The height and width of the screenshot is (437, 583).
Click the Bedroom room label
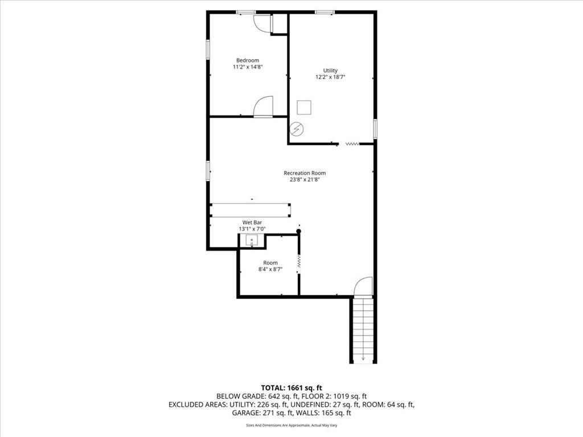[248, 60]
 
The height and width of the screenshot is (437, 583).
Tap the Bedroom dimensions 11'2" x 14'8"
[248, 67]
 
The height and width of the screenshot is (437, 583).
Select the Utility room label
[330, 71]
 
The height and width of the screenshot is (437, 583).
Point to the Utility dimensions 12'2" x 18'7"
[330, 77]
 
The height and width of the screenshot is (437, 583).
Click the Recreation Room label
[305, 173]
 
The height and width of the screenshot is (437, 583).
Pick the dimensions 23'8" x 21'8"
[305, 179]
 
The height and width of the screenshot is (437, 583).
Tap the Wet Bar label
[252, 222]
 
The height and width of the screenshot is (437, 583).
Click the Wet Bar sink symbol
[252, 241]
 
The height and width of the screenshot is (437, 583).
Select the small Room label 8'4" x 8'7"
[270, 266]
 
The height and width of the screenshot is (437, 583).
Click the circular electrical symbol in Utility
[297, 129]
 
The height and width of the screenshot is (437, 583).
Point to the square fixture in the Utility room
[304, 108]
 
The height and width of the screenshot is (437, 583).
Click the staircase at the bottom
[363, 330]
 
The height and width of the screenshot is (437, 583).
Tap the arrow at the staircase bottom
[363, 358]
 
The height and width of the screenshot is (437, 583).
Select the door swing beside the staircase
[363, 287]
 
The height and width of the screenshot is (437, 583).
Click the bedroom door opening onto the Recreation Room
[263, 106]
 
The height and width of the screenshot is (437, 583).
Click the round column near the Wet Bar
[298, 231]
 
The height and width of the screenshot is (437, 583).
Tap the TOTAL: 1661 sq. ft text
[291, 388]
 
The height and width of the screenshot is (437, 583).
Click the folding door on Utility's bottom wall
[352, 144]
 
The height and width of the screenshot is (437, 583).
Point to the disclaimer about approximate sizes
[291, 425]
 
